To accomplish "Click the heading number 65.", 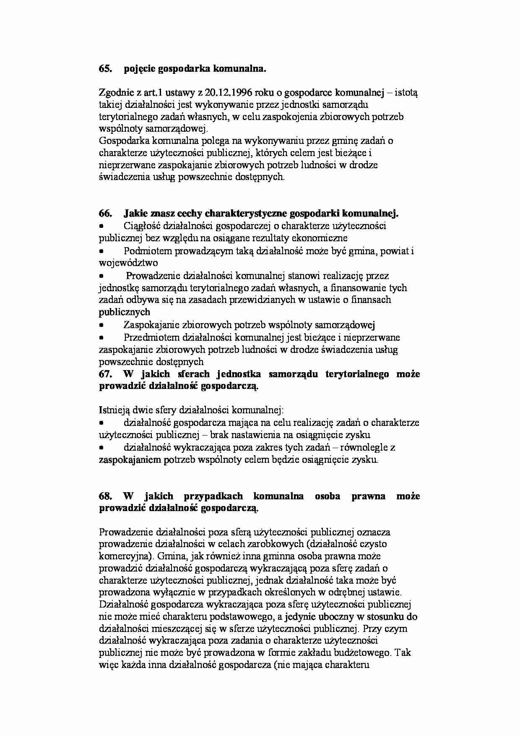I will coord(105,69).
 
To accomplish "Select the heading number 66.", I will coord(105,214).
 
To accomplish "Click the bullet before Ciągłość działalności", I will coord(101,226).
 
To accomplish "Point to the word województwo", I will coord(128,263).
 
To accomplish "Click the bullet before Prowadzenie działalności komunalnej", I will coord(101,276).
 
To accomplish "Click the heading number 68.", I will coord(105,496).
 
